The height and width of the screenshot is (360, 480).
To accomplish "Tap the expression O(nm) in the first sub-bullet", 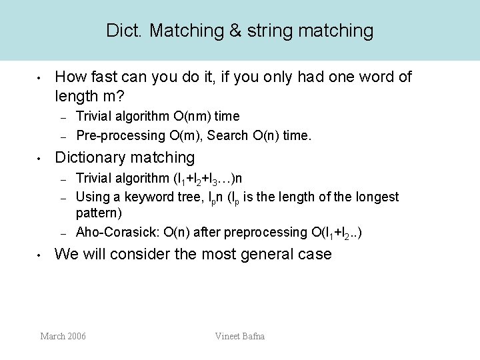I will click(x=183, y=117).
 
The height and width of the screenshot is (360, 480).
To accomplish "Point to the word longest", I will click(x=375, y=197).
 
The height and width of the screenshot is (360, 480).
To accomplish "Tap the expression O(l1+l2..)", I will click(x=336, y=233).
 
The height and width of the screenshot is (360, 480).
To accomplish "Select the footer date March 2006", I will click(x=63, y=336).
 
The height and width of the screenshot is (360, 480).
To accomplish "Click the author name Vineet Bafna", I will click(x=240, y=336).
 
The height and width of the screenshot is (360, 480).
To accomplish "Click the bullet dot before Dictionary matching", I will click(x=41, y=159).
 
